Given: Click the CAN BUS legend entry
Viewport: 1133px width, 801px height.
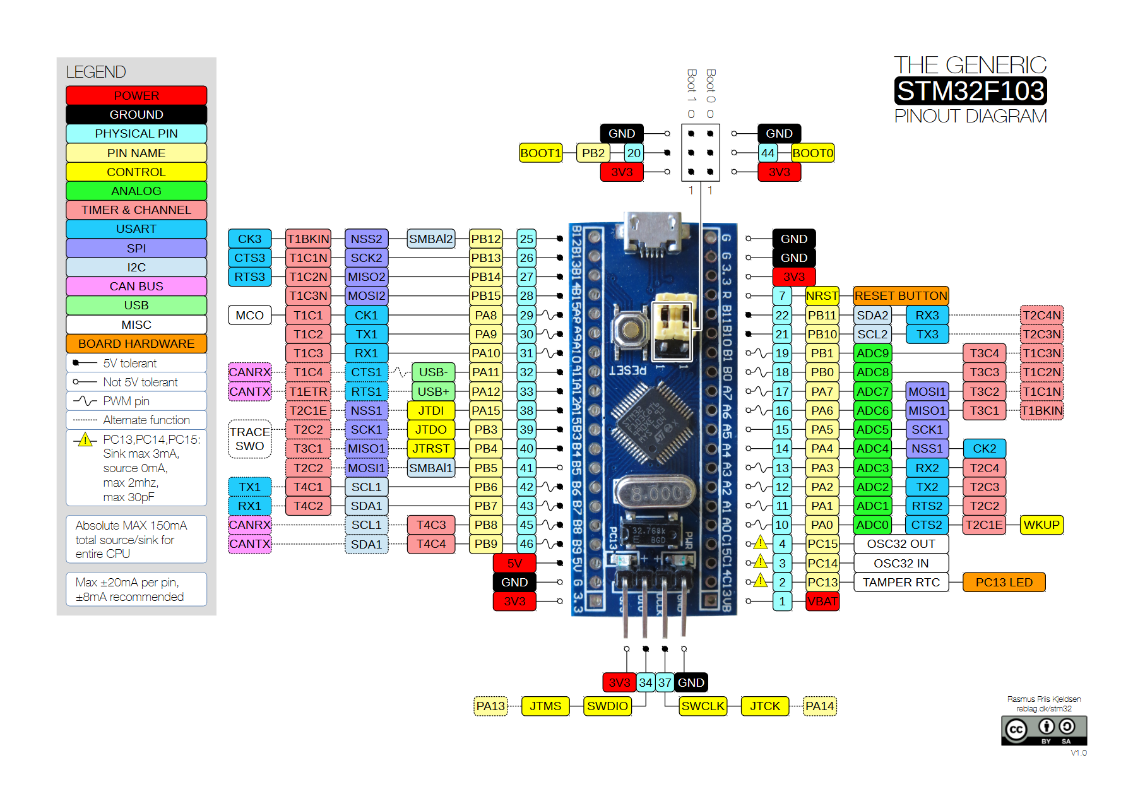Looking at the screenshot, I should (x=136, y=286).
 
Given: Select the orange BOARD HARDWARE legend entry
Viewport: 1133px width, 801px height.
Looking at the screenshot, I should (x=136, y=343).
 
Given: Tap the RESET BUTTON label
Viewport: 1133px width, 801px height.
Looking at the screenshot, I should (x=900, y=295).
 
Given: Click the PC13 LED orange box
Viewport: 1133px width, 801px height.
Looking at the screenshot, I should (x=1003, y=582).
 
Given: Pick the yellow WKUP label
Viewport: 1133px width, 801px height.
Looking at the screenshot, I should (x=1041, y=525).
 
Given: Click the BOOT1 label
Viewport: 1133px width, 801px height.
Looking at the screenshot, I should (x=540, y=153).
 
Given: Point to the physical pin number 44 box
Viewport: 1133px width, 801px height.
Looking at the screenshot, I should (x=767, y=153).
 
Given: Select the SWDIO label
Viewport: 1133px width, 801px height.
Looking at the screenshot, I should (x=607, y=706).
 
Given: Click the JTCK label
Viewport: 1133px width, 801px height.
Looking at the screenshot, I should (x=764, y=706).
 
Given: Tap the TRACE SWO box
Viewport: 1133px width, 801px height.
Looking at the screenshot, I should (x=249, y=439).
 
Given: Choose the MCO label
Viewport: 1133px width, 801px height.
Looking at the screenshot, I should (x=249, y=315).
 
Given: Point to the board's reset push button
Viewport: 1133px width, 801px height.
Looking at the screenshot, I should (x=629, y=329).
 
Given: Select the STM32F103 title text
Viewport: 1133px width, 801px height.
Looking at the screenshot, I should (x=970, y=91).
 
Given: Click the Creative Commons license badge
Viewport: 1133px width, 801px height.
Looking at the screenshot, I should (x=1043, y=730).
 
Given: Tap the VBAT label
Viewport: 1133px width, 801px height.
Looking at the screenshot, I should (x=822, y=601).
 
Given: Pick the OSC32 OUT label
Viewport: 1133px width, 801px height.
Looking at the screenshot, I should (x=900, y=543).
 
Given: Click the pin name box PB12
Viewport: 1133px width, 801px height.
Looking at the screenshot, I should (x=485, y=239).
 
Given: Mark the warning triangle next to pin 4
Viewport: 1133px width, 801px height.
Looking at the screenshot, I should (x=760, y=543).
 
